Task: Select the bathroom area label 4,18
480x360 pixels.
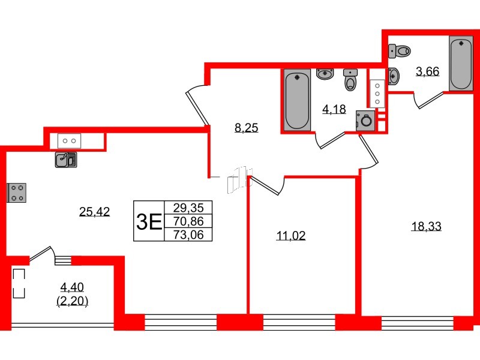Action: click(334, 109)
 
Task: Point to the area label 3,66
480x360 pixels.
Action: click(428, 71)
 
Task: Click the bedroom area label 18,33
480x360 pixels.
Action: click(426, 226)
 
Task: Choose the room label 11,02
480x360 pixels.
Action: click(291, 236)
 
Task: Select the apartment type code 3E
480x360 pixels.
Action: click(148, 221)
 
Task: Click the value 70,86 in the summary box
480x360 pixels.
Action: click(188, 221)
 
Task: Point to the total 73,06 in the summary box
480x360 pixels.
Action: click(188, 235)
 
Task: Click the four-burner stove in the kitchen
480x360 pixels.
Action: click(17, 193)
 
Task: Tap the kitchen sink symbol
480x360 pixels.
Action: click(65, 159)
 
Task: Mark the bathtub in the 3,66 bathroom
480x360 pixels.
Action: click(460, 64)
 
